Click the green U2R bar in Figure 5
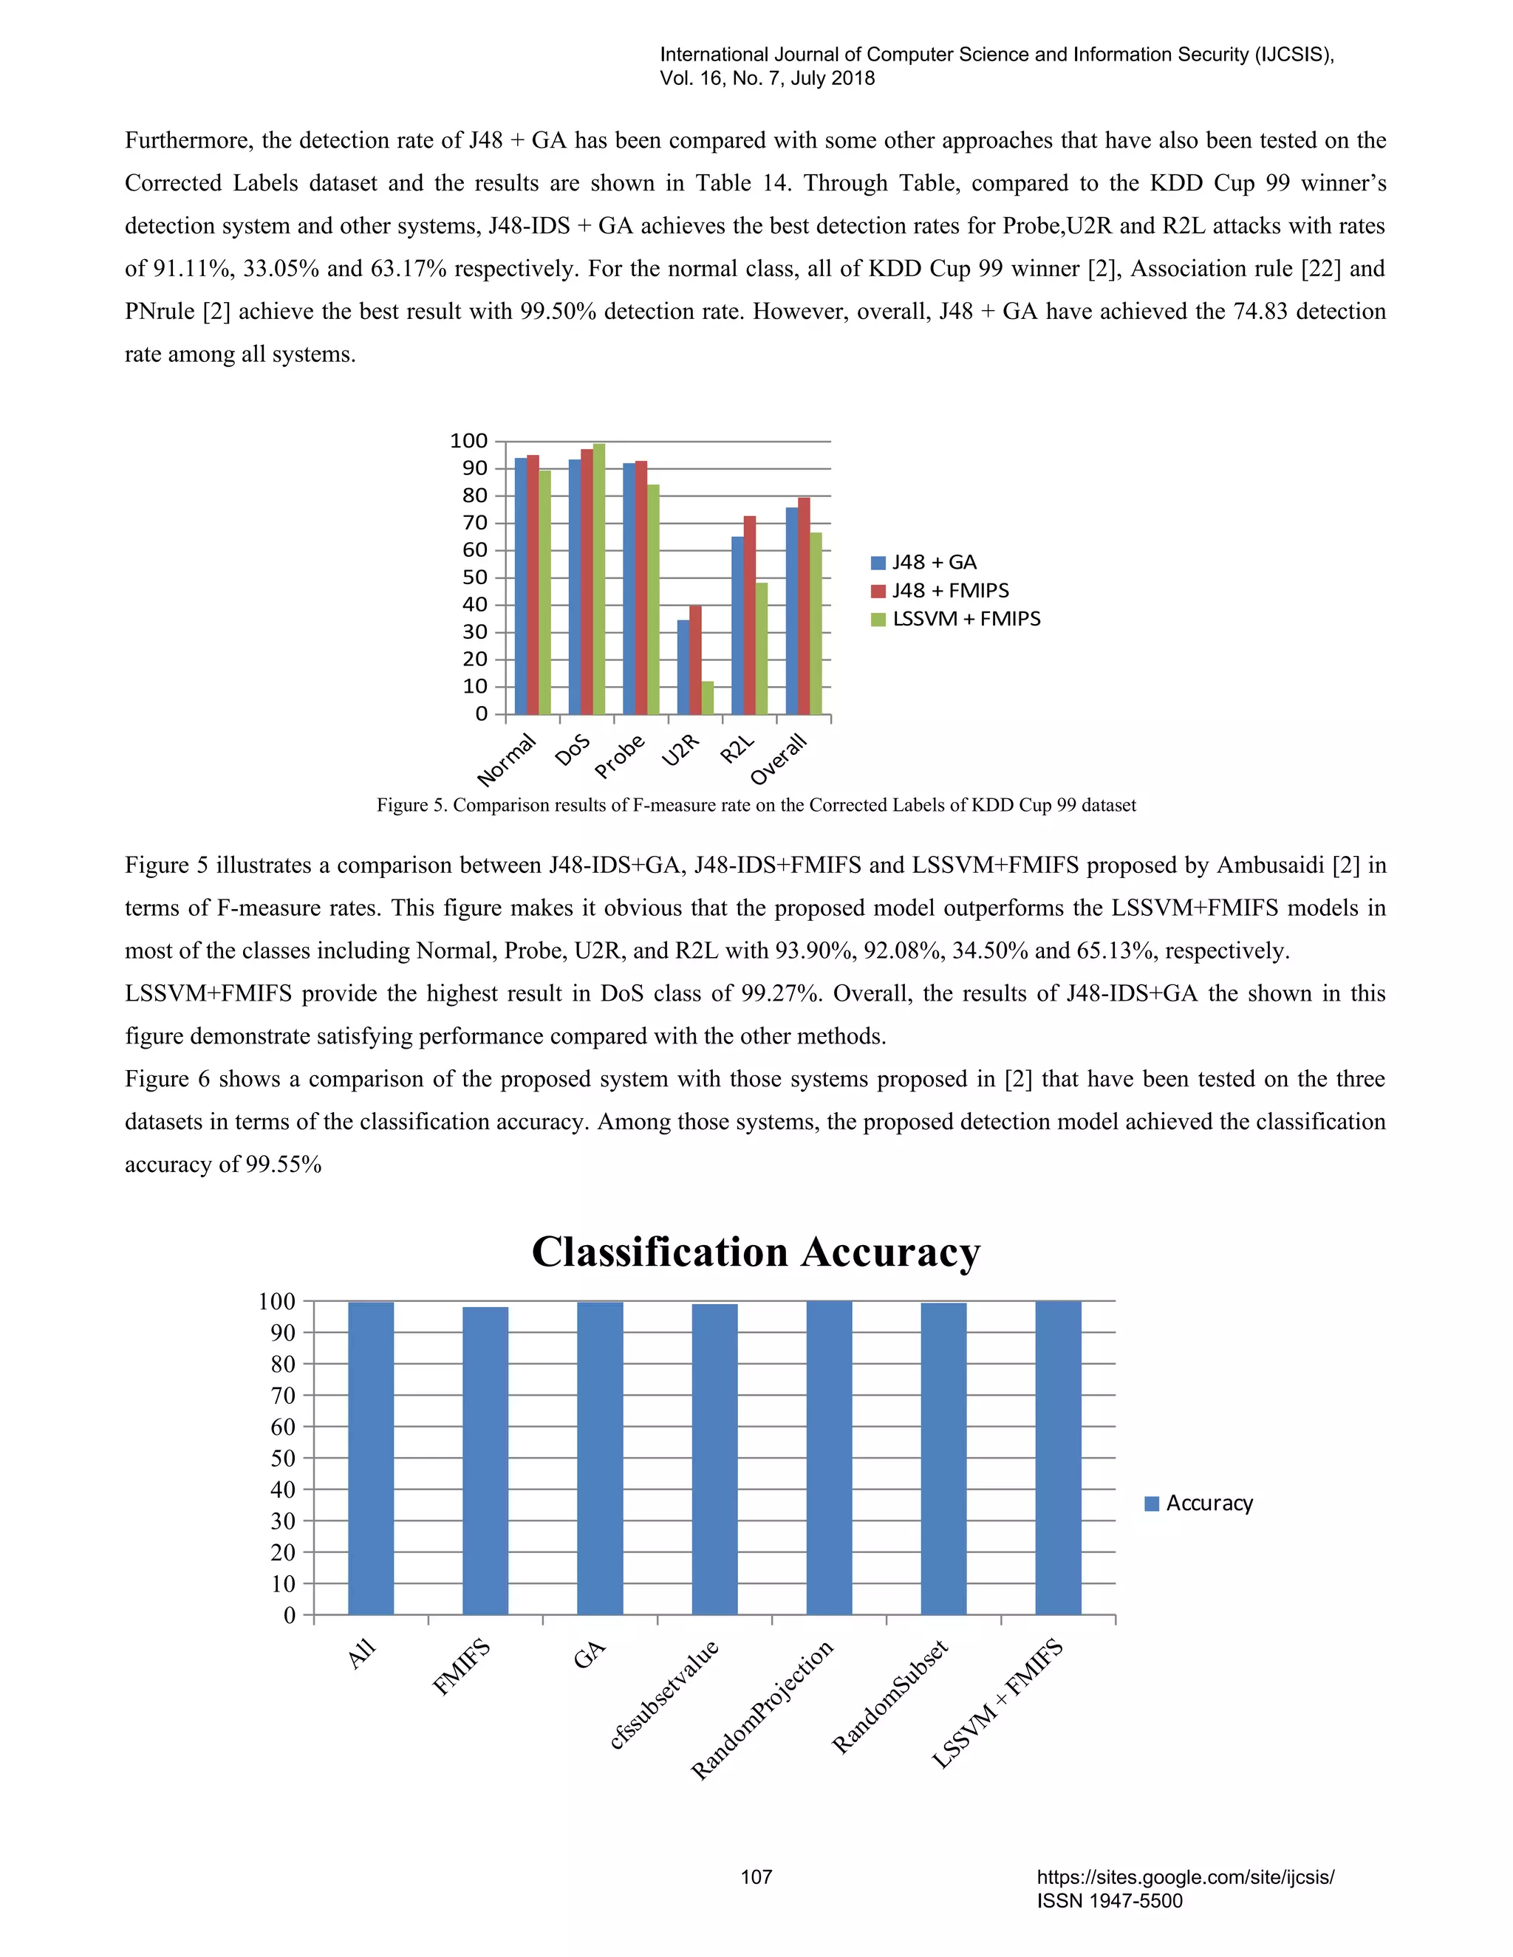708,698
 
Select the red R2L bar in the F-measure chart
749,617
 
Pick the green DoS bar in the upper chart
598,580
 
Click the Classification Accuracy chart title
756,1252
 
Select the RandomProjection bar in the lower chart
829,1458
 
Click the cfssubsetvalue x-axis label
664,1694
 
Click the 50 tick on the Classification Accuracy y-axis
283,1458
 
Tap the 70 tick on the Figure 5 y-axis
475,524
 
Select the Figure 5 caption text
756,806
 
